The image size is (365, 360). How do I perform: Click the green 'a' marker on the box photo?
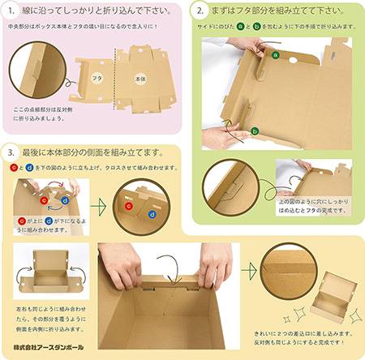(275, 55)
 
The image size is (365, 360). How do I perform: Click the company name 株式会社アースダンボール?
(46, 349)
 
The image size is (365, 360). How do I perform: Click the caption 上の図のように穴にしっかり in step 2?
(316, 203)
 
